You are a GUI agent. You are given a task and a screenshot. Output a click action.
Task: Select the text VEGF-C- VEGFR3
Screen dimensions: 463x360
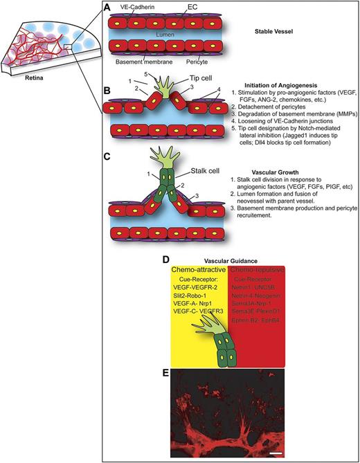201,315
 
